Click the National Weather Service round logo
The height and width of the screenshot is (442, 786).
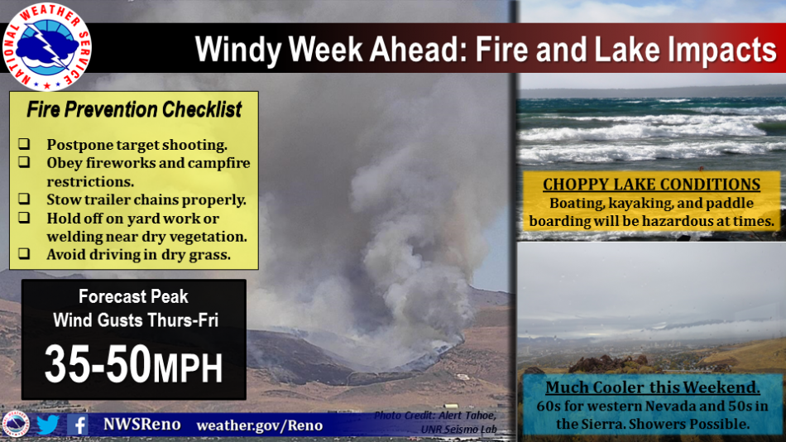tap(46, 46)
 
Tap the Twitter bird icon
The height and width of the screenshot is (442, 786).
tap(48, 425)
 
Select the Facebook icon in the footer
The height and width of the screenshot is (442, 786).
tap(79, 425)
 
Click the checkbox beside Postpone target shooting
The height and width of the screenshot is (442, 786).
tap(24, 144)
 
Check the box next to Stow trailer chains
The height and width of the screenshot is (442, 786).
tap(24, 199)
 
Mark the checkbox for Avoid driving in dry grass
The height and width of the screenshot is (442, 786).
tap(24, 253)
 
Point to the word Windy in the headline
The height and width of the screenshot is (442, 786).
tap(238, 50)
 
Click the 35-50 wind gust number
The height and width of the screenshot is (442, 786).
tap(98, 363)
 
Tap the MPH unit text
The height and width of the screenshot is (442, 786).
tap(188, 368)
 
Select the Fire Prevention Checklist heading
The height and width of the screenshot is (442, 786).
tap(134, 109)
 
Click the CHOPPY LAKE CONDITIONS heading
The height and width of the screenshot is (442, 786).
tap(651, 184)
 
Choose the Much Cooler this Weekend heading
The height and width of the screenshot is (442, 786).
tap(652, 387)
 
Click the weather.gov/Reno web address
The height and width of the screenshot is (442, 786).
tap(260, 425)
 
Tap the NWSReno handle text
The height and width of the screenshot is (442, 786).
tap(141, 424)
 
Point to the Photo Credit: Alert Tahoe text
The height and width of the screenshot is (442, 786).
tap(435, 416)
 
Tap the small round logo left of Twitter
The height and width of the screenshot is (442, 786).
tap(16, 425)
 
